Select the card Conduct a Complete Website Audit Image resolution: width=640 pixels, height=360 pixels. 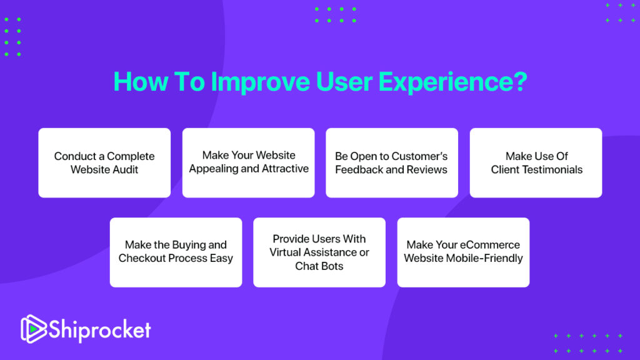click(x=104, y=163)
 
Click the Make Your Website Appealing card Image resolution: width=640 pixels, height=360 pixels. click(x=248, y=163)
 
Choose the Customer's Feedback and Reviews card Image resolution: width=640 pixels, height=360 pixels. click(x=392, y=163)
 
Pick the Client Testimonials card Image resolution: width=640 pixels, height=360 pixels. click(x=536, y=163)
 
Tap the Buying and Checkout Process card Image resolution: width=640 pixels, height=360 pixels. click(x=176, y=252)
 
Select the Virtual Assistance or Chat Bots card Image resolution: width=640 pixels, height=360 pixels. click(x=319, y=252)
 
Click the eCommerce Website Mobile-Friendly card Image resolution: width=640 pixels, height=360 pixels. click(x=463, y=252)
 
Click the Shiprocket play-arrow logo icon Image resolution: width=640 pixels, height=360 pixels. click(x=33, y=329)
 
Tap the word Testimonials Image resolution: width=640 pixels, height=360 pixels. click(x=551, y=170)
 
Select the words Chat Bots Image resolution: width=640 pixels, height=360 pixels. click(x=319, y=266)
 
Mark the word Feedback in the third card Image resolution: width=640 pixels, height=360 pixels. click(x=358, y=170)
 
